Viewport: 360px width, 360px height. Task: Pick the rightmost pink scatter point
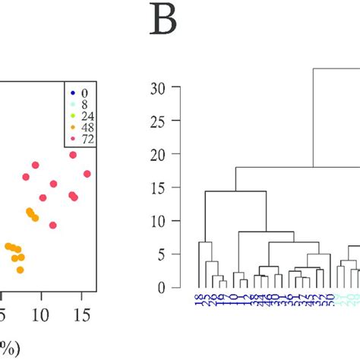point(87,174)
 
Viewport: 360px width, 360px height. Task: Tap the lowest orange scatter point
point(21,270)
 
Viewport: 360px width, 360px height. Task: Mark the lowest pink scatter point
point(53,225)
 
